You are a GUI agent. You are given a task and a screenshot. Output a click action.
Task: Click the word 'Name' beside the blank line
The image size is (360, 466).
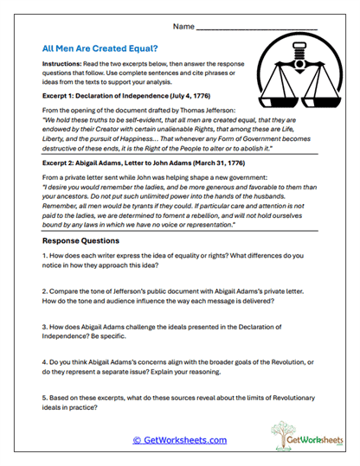click(x=183, y=27)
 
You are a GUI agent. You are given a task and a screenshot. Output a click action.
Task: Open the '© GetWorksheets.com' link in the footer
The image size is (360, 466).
click(x=179, y=440)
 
